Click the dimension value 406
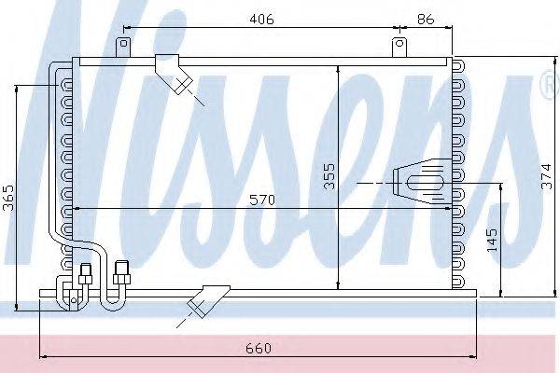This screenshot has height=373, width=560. [x=261, y=19]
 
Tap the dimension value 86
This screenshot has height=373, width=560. [x=425, y=19]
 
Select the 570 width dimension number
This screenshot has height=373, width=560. [x=262, y=200]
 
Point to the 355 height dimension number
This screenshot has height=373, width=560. [x=329, y=176]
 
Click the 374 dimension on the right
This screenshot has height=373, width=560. [x=546, y=176]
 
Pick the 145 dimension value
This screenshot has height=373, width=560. [x=492, y=240]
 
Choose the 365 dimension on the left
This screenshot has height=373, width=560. [x=8, y=198]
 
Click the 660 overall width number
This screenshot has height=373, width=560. [x=259, y=348]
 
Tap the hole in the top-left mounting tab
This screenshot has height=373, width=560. [x=123, y=44]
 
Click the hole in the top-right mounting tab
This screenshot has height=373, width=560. [x=399, y=44]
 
